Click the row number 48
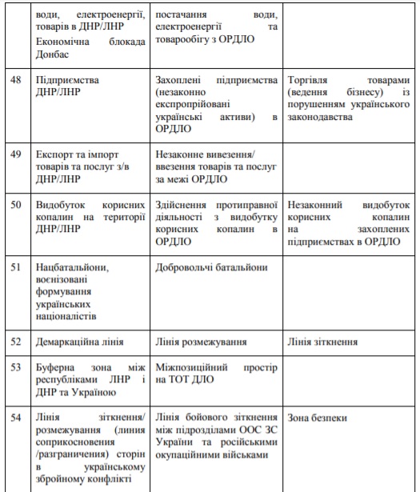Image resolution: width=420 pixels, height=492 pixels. pos(15,81)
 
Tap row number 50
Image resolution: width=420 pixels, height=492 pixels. pos(15,204)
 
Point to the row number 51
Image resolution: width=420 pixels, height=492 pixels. pos(15,267)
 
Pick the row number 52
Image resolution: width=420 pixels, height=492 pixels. pos(15,342)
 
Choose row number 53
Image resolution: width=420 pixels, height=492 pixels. pos(15,368)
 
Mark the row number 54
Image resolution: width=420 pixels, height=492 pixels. pos(15,418)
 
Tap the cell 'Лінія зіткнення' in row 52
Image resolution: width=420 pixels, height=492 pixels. pos(324,342)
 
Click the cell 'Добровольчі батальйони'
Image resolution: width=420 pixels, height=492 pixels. pos(213,267)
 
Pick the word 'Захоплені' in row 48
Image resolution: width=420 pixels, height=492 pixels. pos(182,81)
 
